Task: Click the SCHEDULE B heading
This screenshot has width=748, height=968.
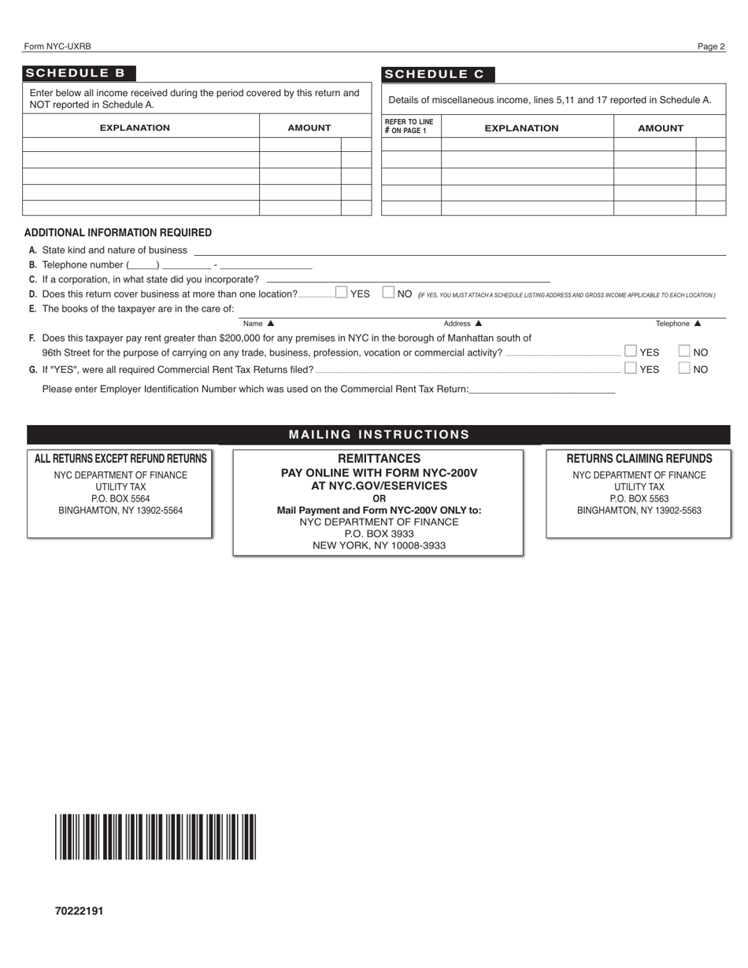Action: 76,73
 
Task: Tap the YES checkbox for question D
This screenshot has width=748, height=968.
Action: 341,293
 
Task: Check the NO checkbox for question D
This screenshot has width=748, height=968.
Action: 388,293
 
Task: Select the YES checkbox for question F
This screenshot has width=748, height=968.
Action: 631,351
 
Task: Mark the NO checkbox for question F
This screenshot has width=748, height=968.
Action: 684,351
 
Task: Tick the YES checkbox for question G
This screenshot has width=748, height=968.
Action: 631,368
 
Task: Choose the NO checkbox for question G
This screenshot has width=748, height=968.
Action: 684,368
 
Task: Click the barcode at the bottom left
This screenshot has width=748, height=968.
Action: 155,837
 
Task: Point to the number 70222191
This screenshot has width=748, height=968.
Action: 79,911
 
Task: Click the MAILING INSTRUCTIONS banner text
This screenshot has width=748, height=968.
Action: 379,434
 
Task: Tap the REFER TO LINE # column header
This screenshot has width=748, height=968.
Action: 409,127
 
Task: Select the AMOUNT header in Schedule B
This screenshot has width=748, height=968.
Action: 309,127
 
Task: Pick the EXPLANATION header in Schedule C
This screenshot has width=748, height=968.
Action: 521,128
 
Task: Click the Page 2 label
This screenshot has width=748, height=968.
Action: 710,46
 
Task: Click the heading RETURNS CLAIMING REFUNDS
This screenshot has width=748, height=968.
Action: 639,458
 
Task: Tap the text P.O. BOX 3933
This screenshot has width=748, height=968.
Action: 379,533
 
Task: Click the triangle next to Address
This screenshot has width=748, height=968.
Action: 478,323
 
